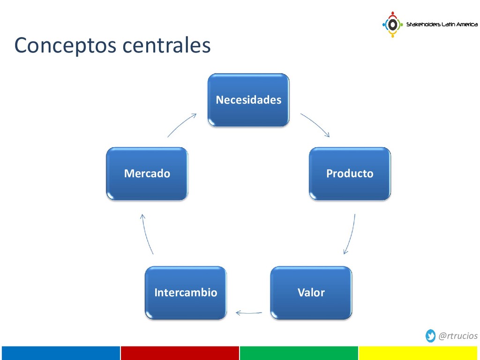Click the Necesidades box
tap(248, 100)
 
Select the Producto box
tap(350, 173)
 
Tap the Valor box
tap(311, 292)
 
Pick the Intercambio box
tap(186, 292)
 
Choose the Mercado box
tap(147, 173)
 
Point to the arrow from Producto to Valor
tap(351, 234)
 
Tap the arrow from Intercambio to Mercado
tap(146, 234)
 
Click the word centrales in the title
tap(166, 45)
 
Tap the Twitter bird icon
tap(431, 336)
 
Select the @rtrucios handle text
tap(458, 336)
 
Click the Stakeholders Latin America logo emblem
tap(392, 24)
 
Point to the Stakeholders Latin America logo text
tap(442, 24)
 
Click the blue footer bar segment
tap(60, 353)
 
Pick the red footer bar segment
tap(180, 353)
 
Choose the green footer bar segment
tap(299, 353)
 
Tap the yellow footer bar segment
tap(419, 353)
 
